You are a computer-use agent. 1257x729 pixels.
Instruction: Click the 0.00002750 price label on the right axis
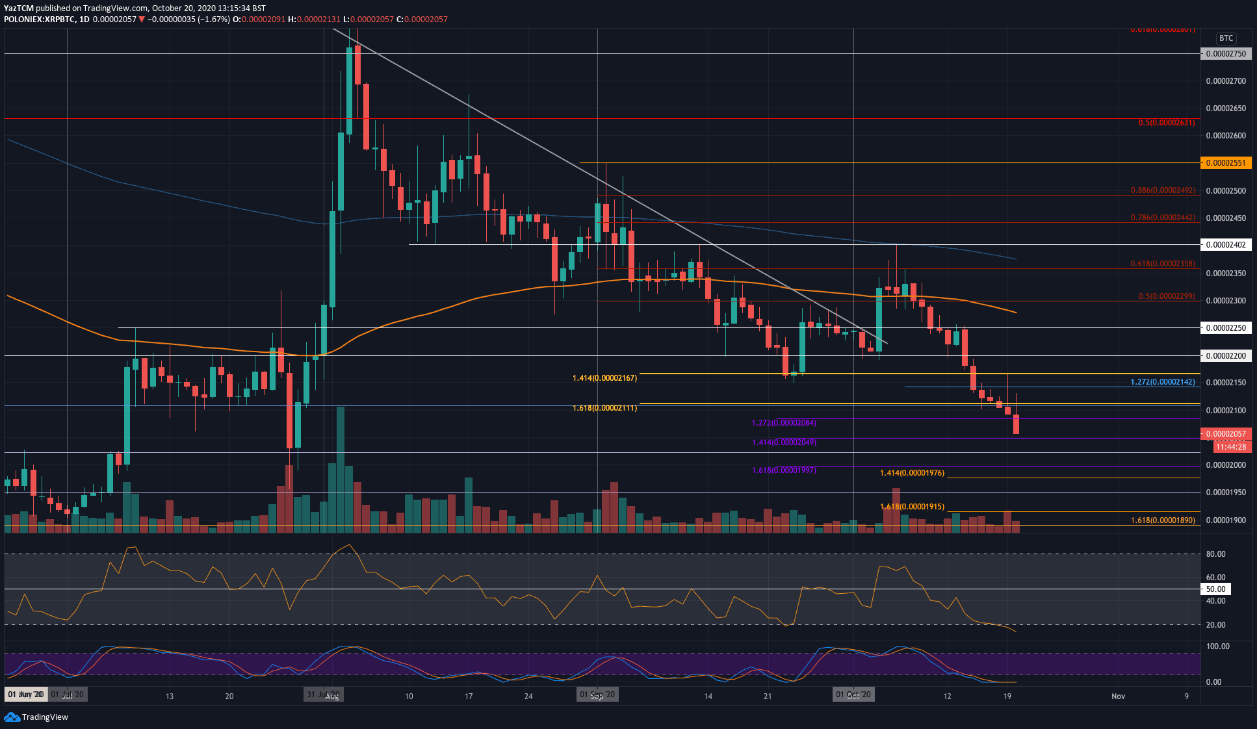[1225, 54]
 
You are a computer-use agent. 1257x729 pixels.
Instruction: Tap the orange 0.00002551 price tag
[1225, 163]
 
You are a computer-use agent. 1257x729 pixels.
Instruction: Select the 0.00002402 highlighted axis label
[1225, 245]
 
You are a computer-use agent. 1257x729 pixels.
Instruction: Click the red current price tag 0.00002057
[1225, 434]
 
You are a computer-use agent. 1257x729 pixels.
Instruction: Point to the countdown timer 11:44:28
[1231, 447]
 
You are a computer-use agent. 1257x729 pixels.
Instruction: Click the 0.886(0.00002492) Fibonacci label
[1162, 190]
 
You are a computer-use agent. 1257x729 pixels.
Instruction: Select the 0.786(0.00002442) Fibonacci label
[1162, 218]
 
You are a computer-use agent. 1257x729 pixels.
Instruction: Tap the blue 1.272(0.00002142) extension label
[1162, 382]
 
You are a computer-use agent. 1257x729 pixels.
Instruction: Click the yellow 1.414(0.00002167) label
[604, 378]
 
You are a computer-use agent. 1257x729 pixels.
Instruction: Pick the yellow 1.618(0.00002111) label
[604, 408]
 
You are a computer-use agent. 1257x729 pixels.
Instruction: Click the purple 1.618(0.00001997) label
[784, 470]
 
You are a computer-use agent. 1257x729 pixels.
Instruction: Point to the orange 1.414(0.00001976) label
[912, 473]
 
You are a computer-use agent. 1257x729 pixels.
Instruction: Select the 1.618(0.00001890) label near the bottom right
[1162, 520]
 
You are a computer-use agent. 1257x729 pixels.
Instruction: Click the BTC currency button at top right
[1226, 38]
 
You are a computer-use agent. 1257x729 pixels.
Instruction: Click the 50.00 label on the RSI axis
[1215, 589]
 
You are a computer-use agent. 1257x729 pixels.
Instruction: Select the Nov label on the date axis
[1118, 696]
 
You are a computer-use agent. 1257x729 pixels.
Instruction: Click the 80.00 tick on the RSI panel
[1215, 554]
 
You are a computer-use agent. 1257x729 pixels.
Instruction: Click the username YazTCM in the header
[18, 8]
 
